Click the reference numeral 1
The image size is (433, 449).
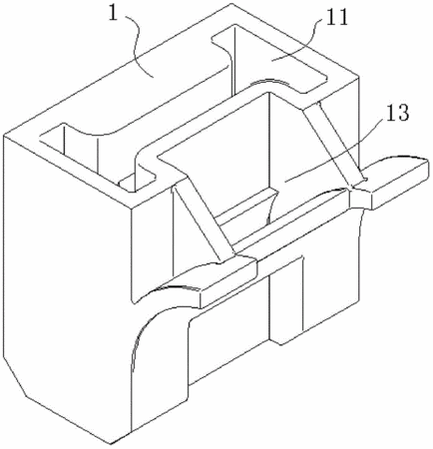point(114,14)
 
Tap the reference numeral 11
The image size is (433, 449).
point(336,17)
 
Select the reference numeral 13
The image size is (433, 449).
point(397,113)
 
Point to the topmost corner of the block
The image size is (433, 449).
point(231,4)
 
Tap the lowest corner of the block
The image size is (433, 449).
point(111,443)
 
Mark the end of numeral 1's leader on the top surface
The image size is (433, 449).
point(153,77)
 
